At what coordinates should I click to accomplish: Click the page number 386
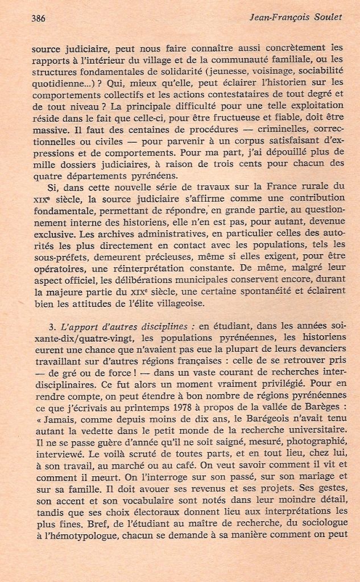coord(39,18)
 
